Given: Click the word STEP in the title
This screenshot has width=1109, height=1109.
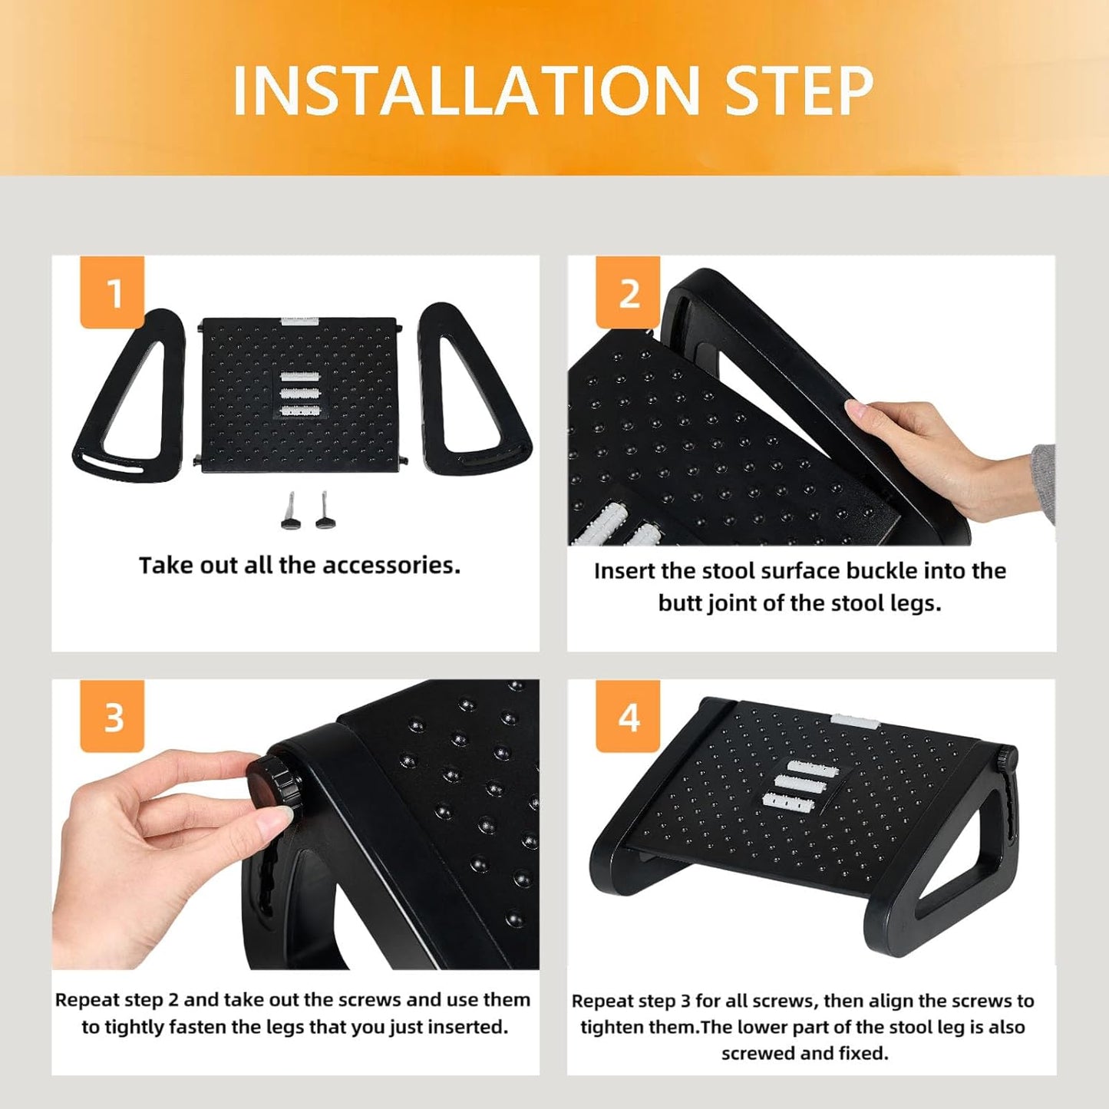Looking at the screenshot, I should pyautogui.click(x=798, y=91).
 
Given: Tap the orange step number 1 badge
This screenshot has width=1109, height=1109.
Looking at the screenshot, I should pyautogui.click(x=113, y=292).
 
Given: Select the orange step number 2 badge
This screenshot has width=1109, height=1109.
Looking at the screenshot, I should pyautogui.click(x=628, y=292).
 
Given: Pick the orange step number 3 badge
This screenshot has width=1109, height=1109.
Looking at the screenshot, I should pyautogui.click(x=113, y=717).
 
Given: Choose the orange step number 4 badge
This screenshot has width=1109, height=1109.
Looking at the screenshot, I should pyautogui.click(x=628, y=717).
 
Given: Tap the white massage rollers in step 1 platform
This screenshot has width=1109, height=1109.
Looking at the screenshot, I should pyautogui.click(x=299, y=394).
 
